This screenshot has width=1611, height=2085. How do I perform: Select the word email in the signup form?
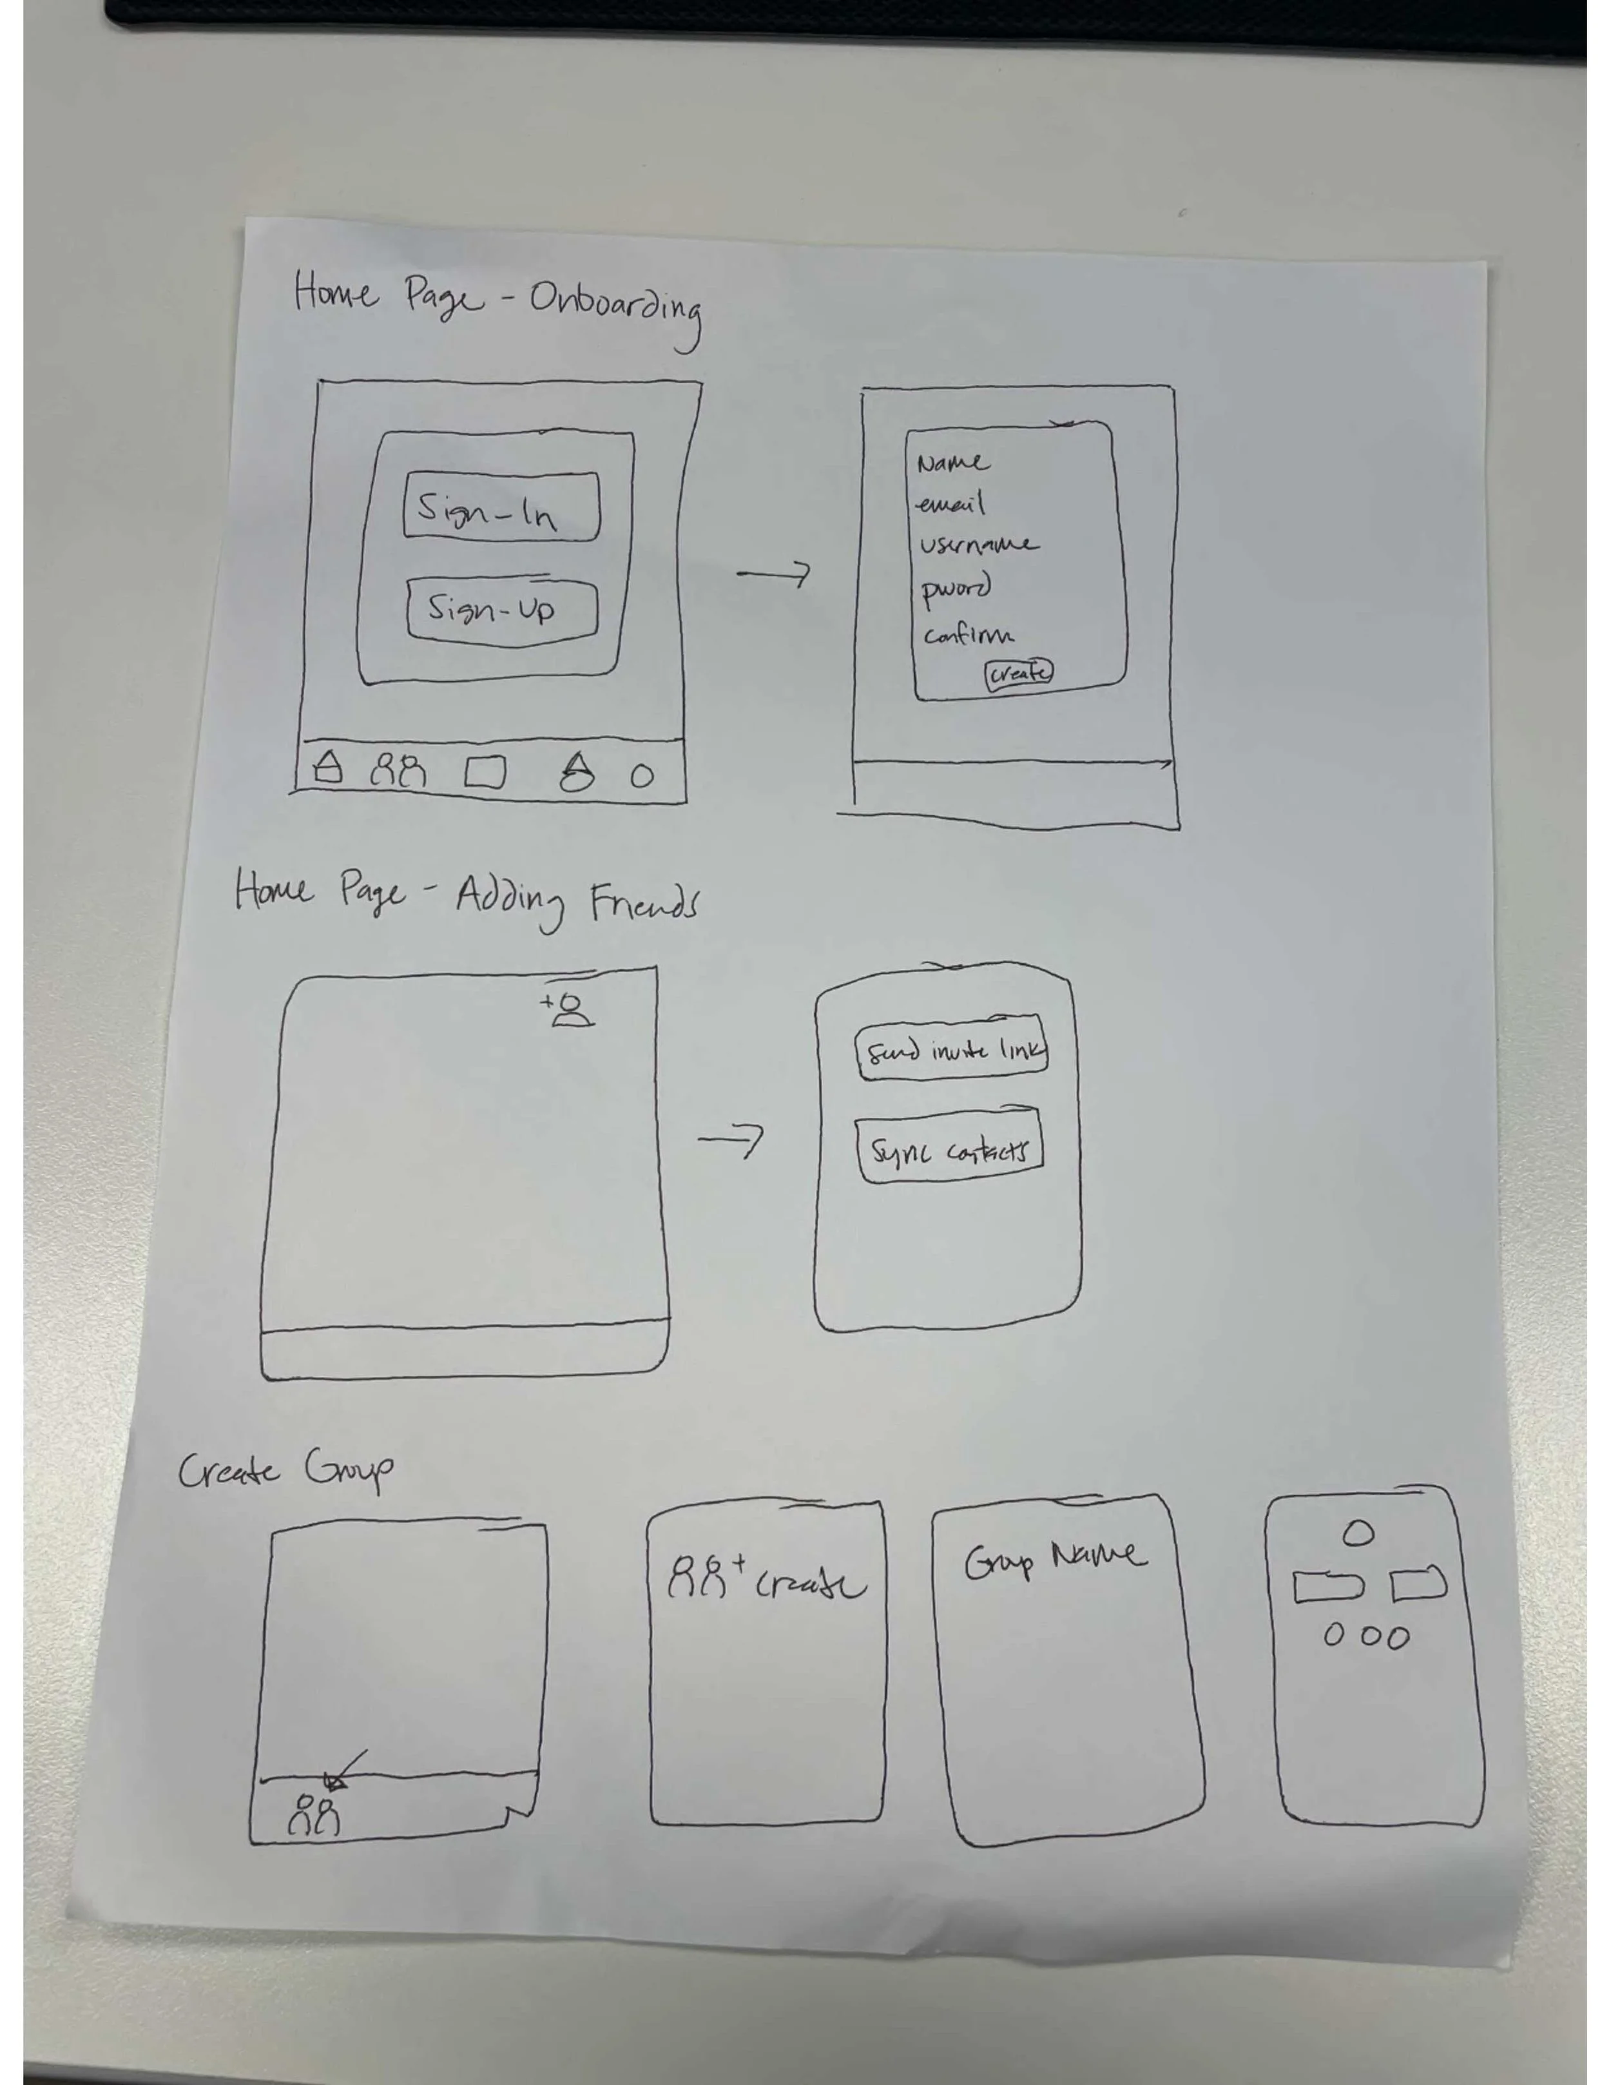[x=950, y=503]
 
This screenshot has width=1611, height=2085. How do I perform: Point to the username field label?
[x=978, y=545]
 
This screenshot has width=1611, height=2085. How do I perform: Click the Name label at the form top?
[x=952, y=463]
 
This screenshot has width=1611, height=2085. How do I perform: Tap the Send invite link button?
[x=952, y=1050]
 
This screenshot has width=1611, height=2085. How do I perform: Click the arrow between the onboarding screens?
[x=773, y=574]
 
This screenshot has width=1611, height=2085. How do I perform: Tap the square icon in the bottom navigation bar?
[x=485, y=772]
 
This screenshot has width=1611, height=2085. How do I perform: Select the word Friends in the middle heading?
[x=643, y=902]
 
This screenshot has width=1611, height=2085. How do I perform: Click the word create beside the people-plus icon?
[x=811, y=1586]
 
